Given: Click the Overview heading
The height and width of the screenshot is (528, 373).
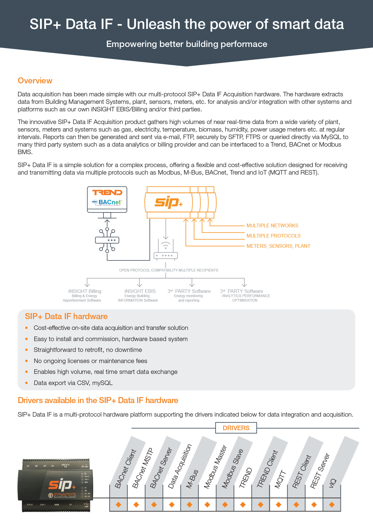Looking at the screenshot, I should tap(35, 81).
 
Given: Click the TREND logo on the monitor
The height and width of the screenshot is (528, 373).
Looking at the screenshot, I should tap(107, 193).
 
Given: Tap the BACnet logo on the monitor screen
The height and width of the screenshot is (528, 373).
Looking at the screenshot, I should tap(107, 202).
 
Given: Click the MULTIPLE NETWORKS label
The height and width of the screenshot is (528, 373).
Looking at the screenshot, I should tap(272, 225).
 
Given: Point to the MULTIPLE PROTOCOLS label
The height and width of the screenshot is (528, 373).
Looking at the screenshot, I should tap(273, 236).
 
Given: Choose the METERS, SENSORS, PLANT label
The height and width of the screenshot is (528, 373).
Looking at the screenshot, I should tap(278, 246).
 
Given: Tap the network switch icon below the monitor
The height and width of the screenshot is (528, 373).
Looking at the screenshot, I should tap(107, 240).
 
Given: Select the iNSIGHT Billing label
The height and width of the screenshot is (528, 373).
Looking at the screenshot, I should tap(85, 291).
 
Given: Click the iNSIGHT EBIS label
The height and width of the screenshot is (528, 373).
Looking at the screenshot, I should tap(140, 291).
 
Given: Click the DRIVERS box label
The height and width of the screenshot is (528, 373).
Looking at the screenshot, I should tap(236, 428).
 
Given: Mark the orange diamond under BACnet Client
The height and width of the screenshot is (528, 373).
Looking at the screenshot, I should tap(119, 505).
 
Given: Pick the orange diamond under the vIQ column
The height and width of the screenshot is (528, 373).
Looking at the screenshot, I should tap(332, 505).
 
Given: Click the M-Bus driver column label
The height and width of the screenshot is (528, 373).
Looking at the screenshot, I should tap(193, 479).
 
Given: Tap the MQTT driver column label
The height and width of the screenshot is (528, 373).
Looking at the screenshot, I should tap(280, 479).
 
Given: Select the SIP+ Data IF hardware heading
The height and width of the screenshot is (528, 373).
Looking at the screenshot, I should tap(66, 316).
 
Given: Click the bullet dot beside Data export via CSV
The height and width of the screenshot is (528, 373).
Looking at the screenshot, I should tap(26, 383).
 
